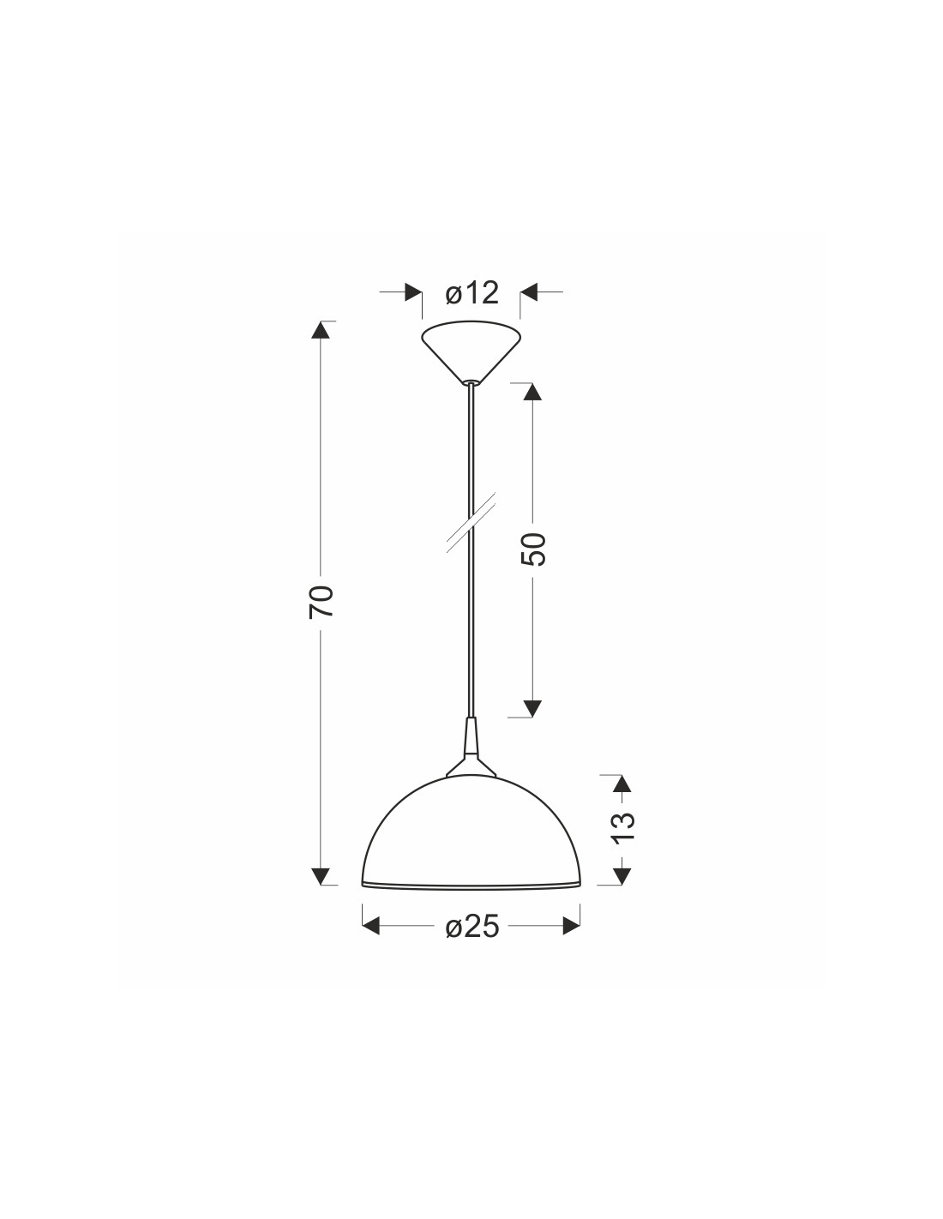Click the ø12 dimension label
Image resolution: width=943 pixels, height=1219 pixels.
[x=471, y=293]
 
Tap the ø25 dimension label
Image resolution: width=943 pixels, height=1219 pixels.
[x=471, y=928]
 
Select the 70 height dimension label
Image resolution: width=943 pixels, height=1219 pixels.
[x=321, y=602]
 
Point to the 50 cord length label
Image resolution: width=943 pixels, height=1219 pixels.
[x=533, y=549]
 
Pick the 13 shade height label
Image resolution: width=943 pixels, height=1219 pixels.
[x=622, y=827]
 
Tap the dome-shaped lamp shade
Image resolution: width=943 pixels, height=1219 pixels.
[x=471, y=832]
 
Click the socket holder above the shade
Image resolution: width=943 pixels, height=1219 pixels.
[x=471, y=747]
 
